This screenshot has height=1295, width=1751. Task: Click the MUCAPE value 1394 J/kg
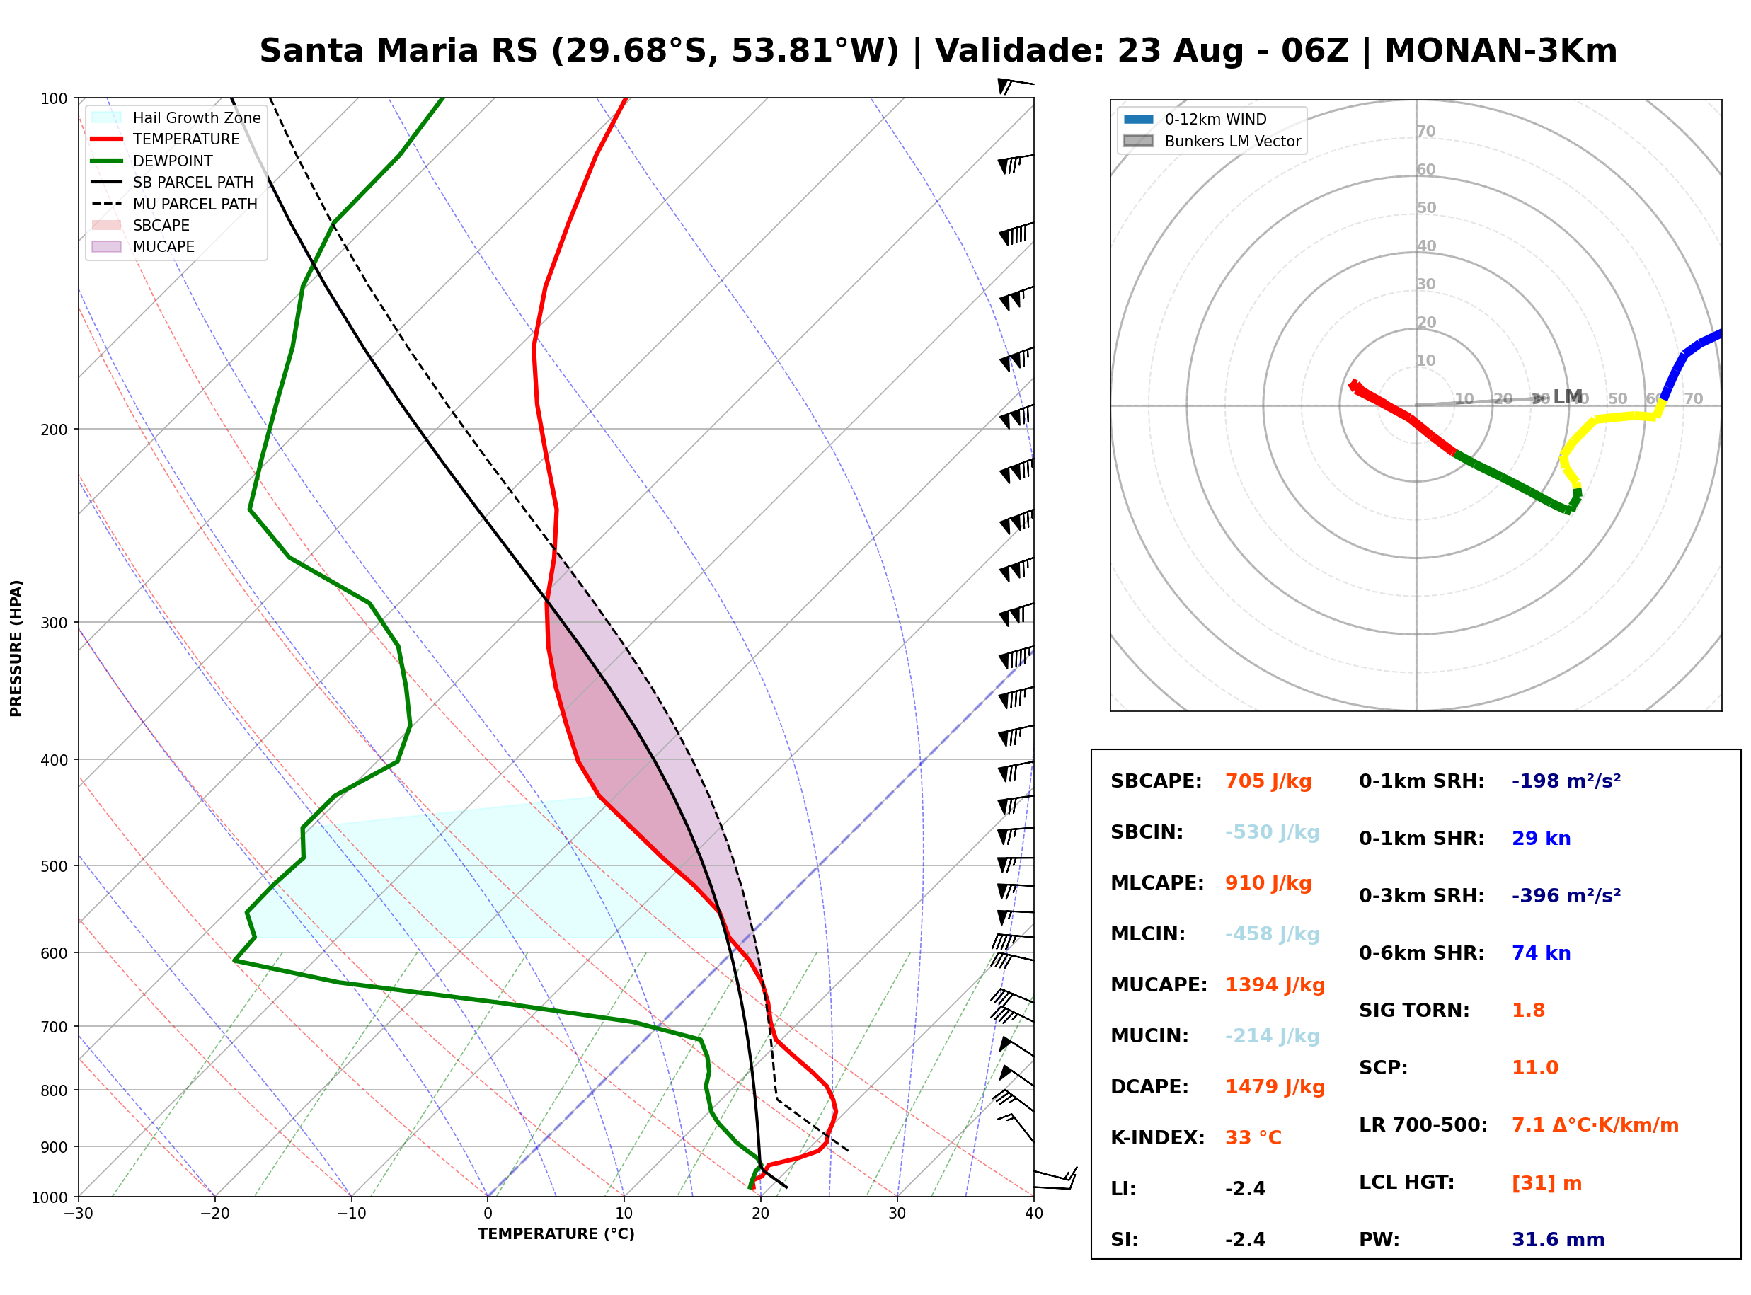[x=1275, y=985]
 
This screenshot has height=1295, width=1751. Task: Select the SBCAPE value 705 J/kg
[x=1268, y=781]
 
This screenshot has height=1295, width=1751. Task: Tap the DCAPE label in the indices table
[x=1149, y=1087]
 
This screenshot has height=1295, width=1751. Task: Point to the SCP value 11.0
[x=1534, y=1068]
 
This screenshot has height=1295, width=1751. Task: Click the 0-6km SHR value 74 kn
[x=1541, y=953]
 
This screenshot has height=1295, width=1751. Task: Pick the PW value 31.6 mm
[x=1558, y=1240]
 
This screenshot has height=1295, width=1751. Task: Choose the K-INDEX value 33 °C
[x=1253, y=1138]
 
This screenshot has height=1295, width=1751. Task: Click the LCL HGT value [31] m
[x=1546, y=1183]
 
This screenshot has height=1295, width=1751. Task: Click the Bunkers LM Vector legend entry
[x=1212, y=141]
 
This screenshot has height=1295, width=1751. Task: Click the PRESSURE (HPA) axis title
[x=16, y=648]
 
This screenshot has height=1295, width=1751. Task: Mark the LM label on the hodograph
[x=1568, y=397]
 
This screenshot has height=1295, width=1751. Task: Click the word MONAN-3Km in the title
[x=1500, y=51]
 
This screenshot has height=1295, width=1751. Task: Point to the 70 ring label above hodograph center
[x=1425, y=131]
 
